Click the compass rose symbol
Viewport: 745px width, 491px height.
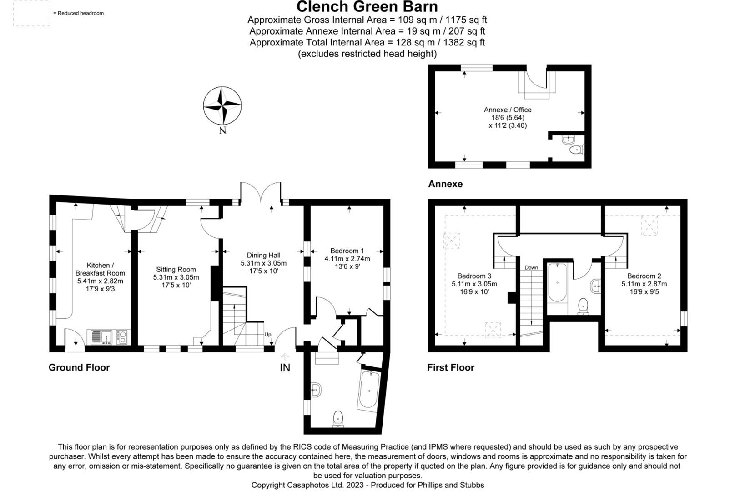(x=222, y=105)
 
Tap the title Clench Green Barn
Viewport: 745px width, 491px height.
(x=367, y=7)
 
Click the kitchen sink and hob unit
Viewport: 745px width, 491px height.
(x=109, y=337)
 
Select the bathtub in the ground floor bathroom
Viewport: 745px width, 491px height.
(x=369, y=390)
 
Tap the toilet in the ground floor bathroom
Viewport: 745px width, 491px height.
(x=338, y=419)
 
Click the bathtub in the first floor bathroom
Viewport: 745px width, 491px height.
(x=557, y=282)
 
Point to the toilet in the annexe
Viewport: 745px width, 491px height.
(x=576, y=150)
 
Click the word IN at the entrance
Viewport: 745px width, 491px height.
(x=285, y=368)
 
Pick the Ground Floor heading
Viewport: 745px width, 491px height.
(x=79, y=367)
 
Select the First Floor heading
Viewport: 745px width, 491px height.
(x=450, y=367)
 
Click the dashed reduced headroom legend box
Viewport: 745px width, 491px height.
(x=31, y=13)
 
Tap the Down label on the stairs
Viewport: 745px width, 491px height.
(x=531, y=267)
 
